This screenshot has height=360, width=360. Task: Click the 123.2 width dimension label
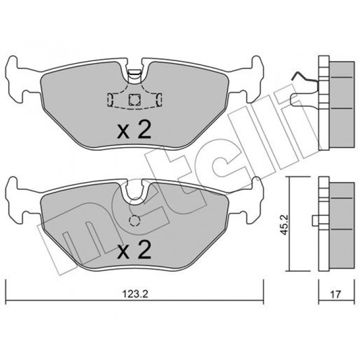(x=135, y=295)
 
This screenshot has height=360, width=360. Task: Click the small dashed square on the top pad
(x=135, y=99)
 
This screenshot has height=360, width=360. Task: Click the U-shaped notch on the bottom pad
(x=135, y=194)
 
